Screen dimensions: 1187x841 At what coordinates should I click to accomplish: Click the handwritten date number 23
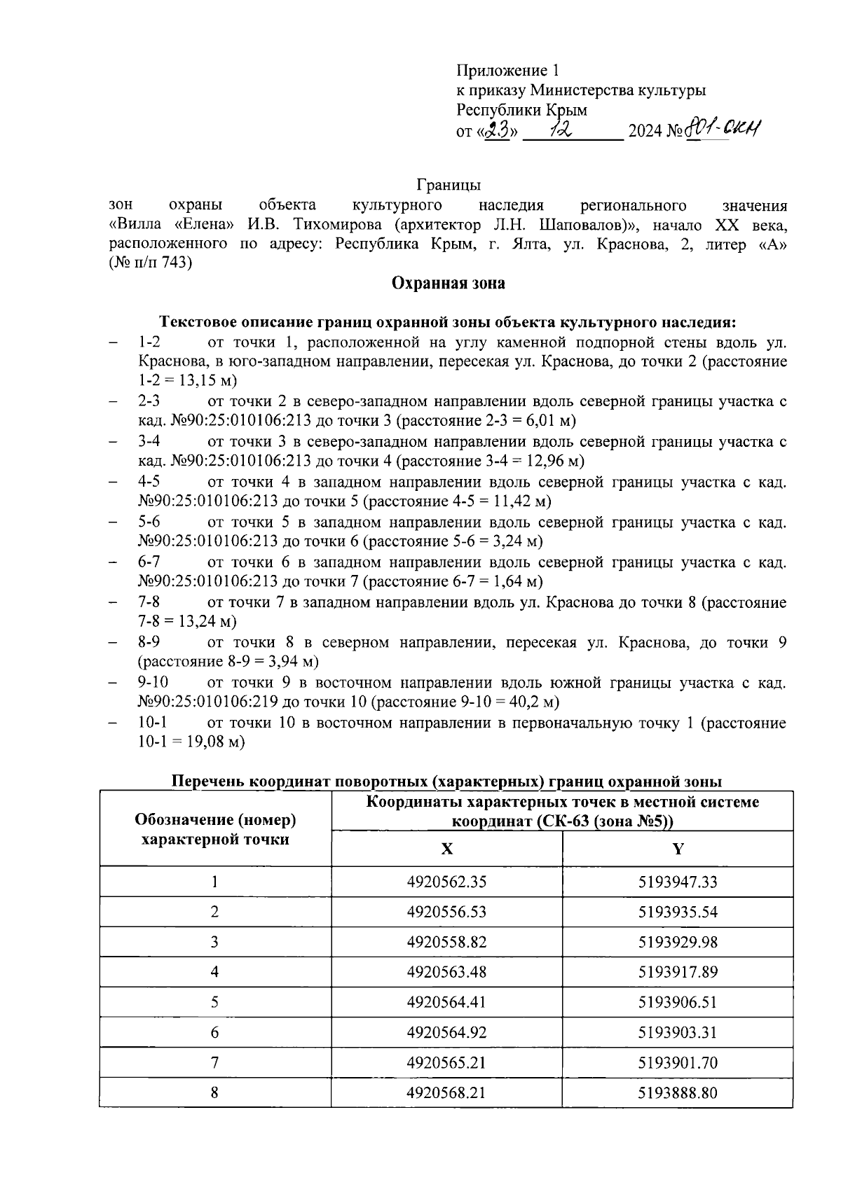[500, 130]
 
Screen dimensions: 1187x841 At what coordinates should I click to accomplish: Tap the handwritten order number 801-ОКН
[723, 129]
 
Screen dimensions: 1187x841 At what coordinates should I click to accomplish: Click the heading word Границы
[448, 185]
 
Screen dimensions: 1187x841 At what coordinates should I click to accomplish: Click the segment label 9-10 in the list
[153, 682]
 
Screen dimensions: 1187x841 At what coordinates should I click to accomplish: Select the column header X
[446, 849]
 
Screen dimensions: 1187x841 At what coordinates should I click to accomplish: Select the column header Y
[678, 849]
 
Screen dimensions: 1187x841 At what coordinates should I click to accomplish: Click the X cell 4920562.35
[446, 882]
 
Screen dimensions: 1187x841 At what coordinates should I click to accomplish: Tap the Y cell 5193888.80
[678, 1092]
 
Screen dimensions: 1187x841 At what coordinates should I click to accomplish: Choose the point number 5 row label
[214, 1002]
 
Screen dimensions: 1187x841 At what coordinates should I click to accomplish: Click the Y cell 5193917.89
[678, 972]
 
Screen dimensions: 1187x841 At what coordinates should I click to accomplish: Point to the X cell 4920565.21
[446, 1062]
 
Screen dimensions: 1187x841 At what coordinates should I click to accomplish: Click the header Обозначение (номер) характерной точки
[214, 829]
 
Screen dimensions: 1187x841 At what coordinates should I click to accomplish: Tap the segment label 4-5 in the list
[149, 482]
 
